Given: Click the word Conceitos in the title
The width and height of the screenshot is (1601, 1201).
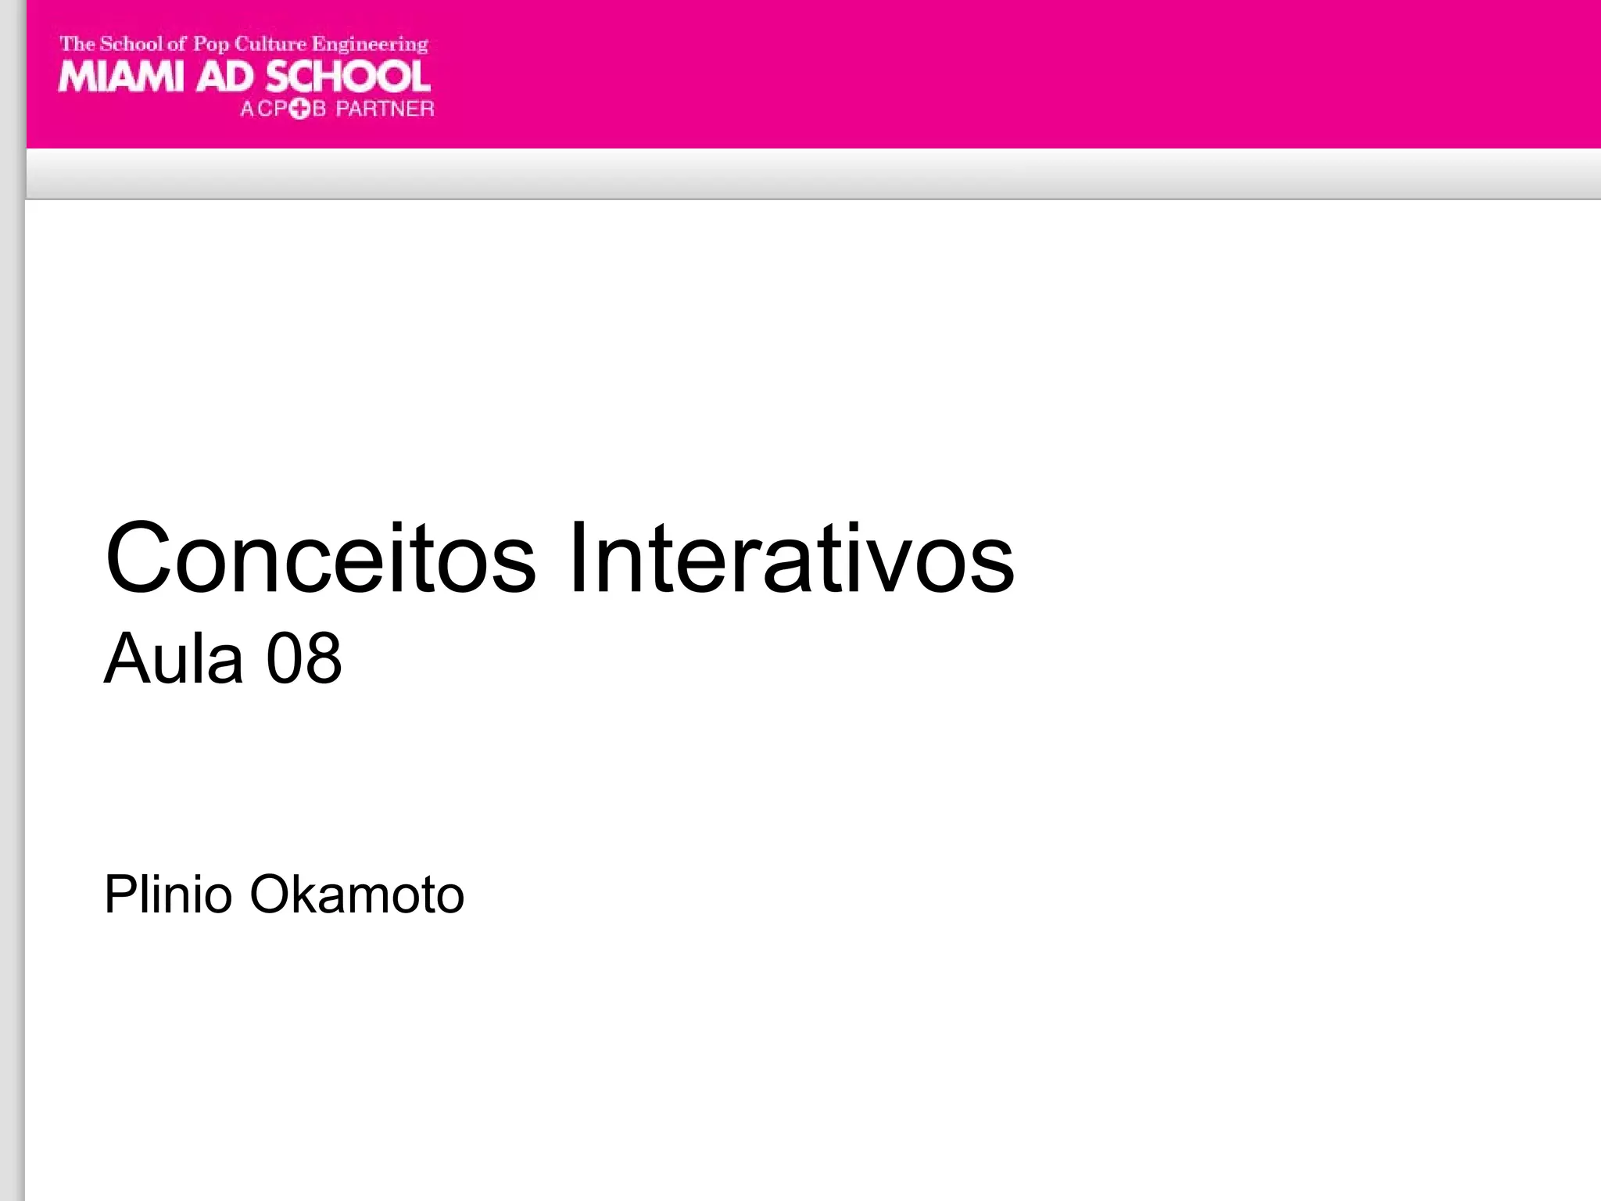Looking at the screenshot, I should click(x=321, y=558).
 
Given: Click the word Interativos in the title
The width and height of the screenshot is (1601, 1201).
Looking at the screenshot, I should click(x=791, y=558).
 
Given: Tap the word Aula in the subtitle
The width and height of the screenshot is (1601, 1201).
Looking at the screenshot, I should click(x=174, y=658).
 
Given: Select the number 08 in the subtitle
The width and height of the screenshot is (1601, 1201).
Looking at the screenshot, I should click(x=303, y=658).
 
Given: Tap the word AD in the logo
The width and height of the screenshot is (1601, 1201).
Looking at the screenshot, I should click(x=225, y=77).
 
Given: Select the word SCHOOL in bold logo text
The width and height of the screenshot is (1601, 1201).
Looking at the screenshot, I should click(x=348, y=77).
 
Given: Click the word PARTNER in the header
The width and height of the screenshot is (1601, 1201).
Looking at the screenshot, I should click(x=385, y=109).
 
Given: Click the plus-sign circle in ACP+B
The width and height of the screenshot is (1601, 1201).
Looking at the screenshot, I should click(x=299, y=109).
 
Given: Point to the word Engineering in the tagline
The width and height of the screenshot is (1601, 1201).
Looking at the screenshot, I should click(x=370, y=44).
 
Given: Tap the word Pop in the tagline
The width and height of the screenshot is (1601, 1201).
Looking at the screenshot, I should click(x=210, y=45).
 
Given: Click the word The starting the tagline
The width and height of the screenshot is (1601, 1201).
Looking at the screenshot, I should click(x=77, y=44).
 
